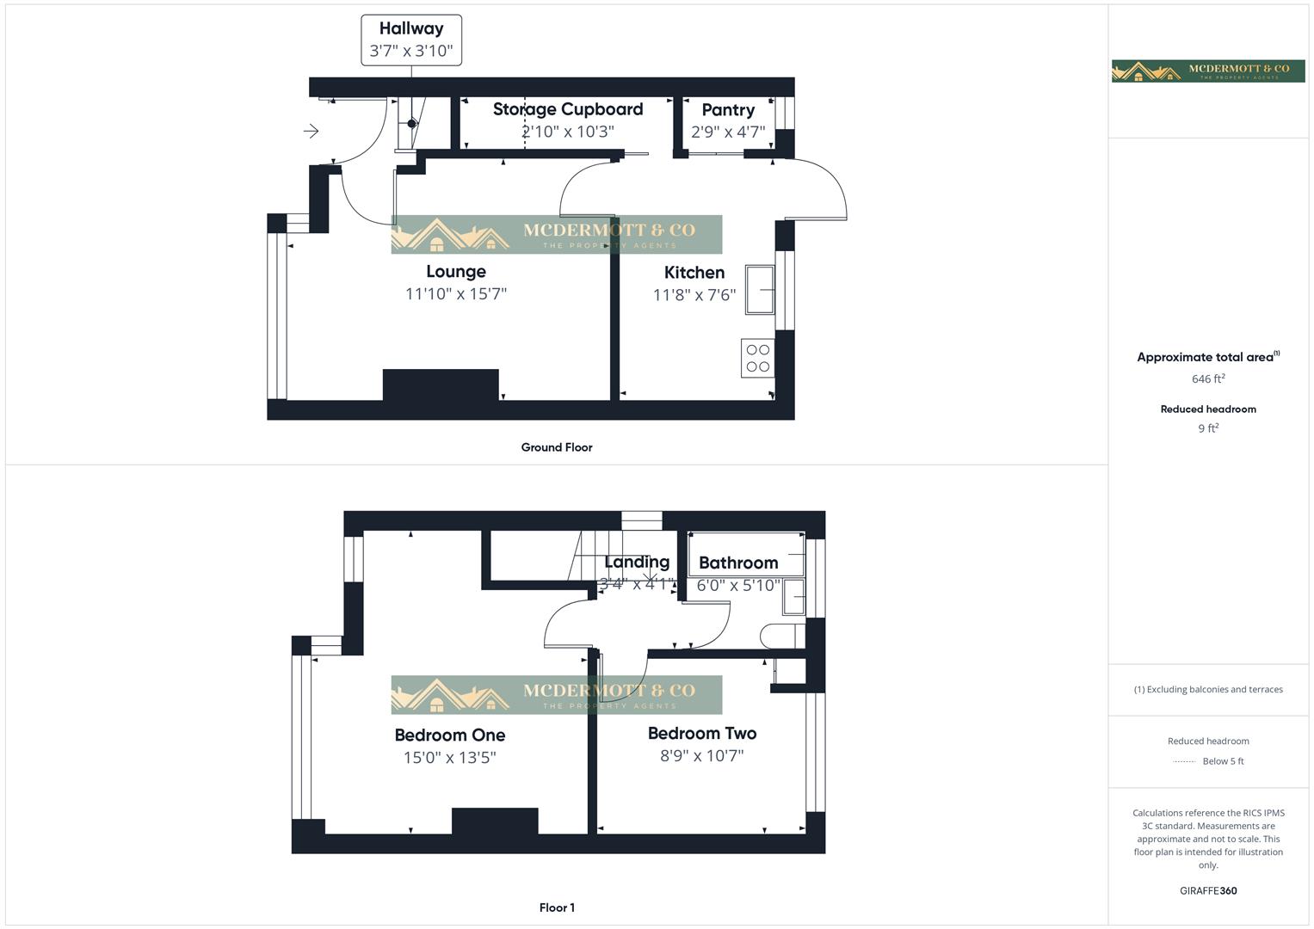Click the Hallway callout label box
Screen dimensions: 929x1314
click(x=411, y=40)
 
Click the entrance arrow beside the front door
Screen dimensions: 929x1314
click(x=312, y=131)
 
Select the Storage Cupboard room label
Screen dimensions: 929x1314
click(x=567, y=109)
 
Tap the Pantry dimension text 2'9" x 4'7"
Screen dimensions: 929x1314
click(x=727, y=132)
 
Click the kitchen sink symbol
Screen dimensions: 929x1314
click(x=760, y=290)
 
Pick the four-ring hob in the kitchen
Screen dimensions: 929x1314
click(x=757, y=358)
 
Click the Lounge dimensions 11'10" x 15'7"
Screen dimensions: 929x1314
click(x=455, y=294)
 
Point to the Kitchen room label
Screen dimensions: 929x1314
click(x=694, y=273)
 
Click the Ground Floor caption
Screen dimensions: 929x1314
click(x=556, y=447)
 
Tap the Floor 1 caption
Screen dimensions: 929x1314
click(x=556, y=907)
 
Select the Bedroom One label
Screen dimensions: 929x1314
click(x=449, y=735)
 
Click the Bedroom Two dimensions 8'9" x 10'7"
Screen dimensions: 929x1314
click(x=701, y=756)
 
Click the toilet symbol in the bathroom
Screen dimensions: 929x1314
click(x=780, y=637)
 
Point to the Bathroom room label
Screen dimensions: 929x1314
click(x=737, y=563)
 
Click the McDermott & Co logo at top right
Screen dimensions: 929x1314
click(x=1207, y=71)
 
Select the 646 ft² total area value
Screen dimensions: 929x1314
click(x=1207, y=378)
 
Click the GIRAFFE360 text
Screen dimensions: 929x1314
click(x=1207, y=891)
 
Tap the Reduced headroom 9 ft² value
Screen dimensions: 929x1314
click(x=1207, y=428)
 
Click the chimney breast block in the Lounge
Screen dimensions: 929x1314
click(x=440, y=385)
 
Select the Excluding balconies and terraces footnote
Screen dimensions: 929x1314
click(x=1207, y=689)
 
